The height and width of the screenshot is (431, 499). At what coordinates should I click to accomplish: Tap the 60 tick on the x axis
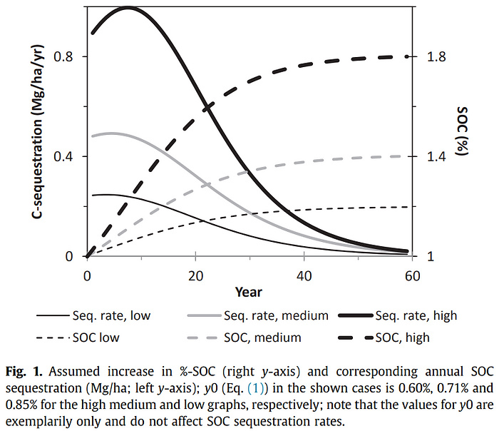(x=412, y=275)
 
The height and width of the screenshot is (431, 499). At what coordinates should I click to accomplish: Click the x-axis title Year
(x=249, y=292)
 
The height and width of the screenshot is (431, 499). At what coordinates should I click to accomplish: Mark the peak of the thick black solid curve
(x=128, y=8)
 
